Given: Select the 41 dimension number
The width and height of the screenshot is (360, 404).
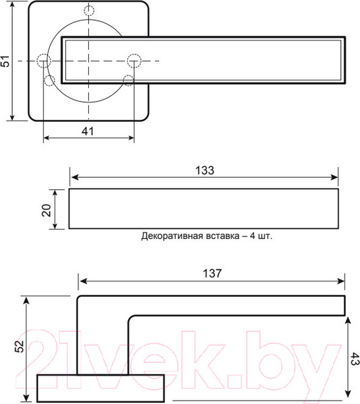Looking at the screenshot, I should [88, 131].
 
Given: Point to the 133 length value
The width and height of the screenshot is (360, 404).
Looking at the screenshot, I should [206, 170].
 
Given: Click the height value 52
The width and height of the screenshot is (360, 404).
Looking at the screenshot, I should [20, 346].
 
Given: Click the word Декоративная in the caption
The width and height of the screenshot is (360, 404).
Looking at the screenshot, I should [174, 236].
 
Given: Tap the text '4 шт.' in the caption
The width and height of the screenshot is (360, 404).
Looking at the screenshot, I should [268, 236].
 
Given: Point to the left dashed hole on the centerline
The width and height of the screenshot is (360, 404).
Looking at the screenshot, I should [44, 61].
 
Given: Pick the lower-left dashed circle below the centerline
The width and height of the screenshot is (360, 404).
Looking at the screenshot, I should [49, 81].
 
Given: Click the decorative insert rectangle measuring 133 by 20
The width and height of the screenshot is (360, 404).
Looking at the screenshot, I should [204, 209].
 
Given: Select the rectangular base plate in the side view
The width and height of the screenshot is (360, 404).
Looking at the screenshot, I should [100, 387].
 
